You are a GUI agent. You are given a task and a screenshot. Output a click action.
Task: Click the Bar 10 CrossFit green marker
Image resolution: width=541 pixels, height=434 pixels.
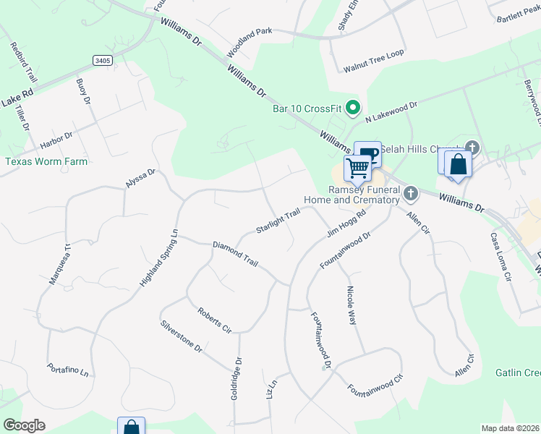[x=353, y=109]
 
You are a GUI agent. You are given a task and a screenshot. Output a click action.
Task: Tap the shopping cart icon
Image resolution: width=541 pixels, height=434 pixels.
[x=358, y=169]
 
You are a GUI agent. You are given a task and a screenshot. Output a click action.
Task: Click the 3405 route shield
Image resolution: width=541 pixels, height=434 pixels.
[x=103, y=60]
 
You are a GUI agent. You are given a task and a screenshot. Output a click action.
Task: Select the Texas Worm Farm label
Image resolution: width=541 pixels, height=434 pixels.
[x=46, y=161]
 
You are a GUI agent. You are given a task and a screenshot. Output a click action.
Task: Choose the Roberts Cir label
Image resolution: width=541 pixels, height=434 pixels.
[x=214, y=320]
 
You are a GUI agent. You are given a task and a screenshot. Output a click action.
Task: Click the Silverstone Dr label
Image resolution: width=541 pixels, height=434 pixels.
[x=182, y=336]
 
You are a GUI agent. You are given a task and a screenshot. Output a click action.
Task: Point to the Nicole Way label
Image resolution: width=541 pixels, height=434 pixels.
[x=351, y=305]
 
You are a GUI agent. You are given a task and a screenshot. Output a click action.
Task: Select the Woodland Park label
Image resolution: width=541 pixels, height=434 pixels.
[x=250, y=43]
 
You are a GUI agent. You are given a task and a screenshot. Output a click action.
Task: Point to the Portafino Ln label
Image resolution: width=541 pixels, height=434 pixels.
[x=68, y=369]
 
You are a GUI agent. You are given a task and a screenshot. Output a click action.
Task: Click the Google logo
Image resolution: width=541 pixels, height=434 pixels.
[x=24, y=425]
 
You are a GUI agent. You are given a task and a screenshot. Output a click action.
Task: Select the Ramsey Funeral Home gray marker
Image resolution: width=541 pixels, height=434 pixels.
[x=411, y=193]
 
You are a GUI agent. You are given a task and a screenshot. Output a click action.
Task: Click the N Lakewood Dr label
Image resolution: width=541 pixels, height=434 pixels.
[x=391, y=111]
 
